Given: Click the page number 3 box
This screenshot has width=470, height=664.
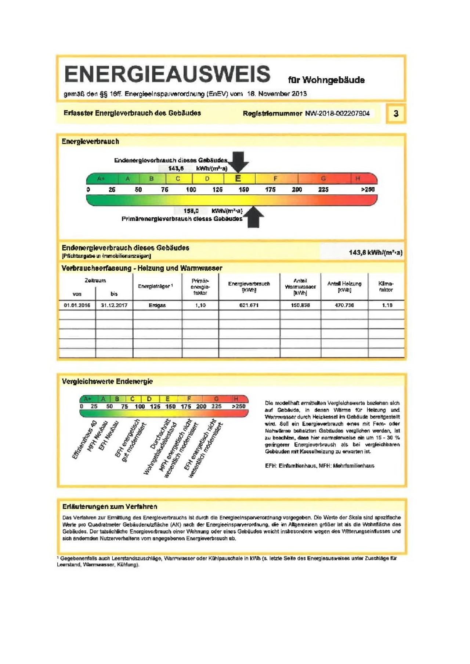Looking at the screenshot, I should (396, 113).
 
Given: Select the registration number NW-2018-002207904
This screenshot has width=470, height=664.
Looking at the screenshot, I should (337, 113).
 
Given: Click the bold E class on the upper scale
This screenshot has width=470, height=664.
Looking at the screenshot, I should (238, 179).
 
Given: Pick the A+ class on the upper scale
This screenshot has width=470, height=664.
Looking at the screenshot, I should (101, 179).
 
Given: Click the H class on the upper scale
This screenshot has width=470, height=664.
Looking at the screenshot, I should (357, 179).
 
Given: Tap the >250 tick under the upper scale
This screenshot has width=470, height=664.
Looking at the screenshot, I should (368, 190).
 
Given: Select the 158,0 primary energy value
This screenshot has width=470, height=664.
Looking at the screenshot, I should (191, 211).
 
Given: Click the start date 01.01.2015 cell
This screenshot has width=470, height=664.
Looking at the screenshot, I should (77, 305).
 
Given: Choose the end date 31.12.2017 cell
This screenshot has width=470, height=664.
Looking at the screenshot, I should (114, 305).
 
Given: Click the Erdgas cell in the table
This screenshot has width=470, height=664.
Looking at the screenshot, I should (157, 305).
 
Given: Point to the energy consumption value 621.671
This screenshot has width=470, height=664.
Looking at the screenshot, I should (249, 305).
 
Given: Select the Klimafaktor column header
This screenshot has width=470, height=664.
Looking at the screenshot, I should (386, 287).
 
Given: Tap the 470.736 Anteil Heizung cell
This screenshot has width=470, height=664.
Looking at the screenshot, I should (344, 305).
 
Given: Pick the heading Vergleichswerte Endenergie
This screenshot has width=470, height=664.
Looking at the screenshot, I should (107, 382).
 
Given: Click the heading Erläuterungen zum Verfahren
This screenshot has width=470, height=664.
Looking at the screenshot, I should (110, 507).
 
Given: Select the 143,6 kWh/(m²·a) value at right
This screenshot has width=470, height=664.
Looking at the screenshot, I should (375, 252).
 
